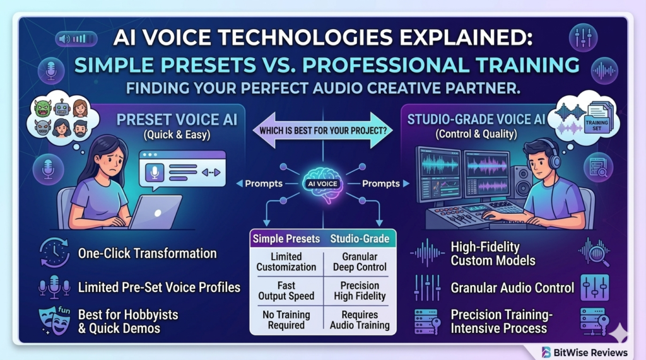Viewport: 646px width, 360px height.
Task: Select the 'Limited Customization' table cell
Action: pyautogui.click(x=286, y=262)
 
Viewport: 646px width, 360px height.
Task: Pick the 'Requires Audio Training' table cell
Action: pyautogui.click(x=360, y=320)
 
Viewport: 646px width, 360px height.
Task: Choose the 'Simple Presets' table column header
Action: pyautogui.click(x=286, y=238)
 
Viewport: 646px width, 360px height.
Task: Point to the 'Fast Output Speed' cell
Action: pyautogui.click(x=286, y=291)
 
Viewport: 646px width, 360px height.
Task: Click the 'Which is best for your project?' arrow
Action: pyautogui.click(x=322, y=131)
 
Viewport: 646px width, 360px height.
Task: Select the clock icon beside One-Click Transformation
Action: pyautogui.click(x=54, y=253)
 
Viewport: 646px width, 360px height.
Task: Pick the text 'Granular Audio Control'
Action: pyautogui.click(x=512, y=287)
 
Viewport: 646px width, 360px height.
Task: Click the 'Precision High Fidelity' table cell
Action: pyautogui.click(x=360, y=291)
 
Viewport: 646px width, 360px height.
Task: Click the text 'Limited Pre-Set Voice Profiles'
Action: pyautogui.click(x=159, y=287)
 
